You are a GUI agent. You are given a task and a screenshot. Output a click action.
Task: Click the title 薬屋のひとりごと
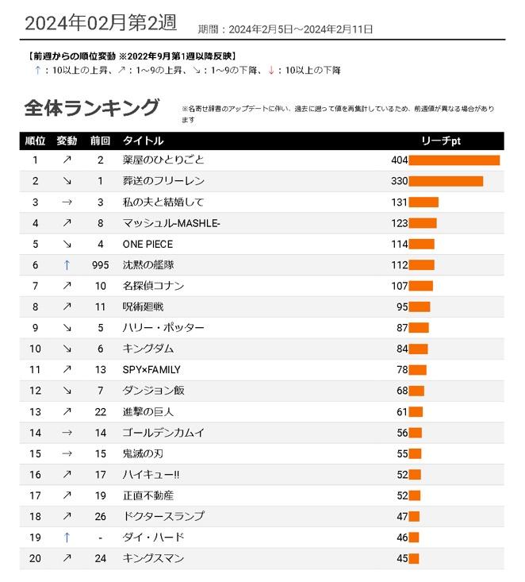pos(163,160)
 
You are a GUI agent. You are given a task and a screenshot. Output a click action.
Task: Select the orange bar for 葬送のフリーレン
pos(446,181)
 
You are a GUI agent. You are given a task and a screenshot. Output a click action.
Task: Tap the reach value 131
pos(399,202)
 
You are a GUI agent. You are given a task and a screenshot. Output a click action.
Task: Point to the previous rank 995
pos(101,265)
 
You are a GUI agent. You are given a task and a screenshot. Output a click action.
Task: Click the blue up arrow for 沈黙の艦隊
pos(67,265)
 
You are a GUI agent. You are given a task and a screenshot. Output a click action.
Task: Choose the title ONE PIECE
pos(148,245)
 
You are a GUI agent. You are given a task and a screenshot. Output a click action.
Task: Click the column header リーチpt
pos(441,141)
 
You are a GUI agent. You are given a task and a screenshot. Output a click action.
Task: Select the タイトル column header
pos(143,141)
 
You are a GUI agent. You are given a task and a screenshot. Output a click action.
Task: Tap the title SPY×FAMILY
pos(151,370)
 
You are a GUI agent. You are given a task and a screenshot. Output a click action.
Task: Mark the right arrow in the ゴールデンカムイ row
pos(67,433)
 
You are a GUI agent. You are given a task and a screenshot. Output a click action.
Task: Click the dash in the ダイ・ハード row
pos(101,538)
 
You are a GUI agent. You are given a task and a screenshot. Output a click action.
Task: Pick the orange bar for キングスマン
pos(414,559)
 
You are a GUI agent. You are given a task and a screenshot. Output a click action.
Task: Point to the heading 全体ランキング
pos(92,108)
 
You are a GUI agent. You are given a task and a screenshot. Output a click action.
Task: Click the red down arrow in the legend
pos(271,70)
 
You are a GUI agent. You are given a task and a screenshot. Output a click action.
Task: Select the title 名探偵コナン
pos(153,286)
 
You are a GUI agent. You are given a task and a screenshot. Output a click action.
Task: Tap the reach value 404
pos(400,160)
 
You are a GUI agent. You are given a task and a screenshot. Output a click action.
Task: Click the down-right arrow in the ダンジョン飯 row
pos(67,391)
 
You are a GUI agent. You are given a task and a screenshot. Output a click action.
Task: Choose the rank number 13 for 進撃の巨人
pos(35,412)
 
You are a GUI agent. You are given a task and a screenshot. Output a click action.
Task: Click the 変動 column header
pos(67,141)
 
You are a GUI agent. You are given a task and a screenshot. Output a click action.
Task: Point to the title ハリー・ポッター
pos(163,328)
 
